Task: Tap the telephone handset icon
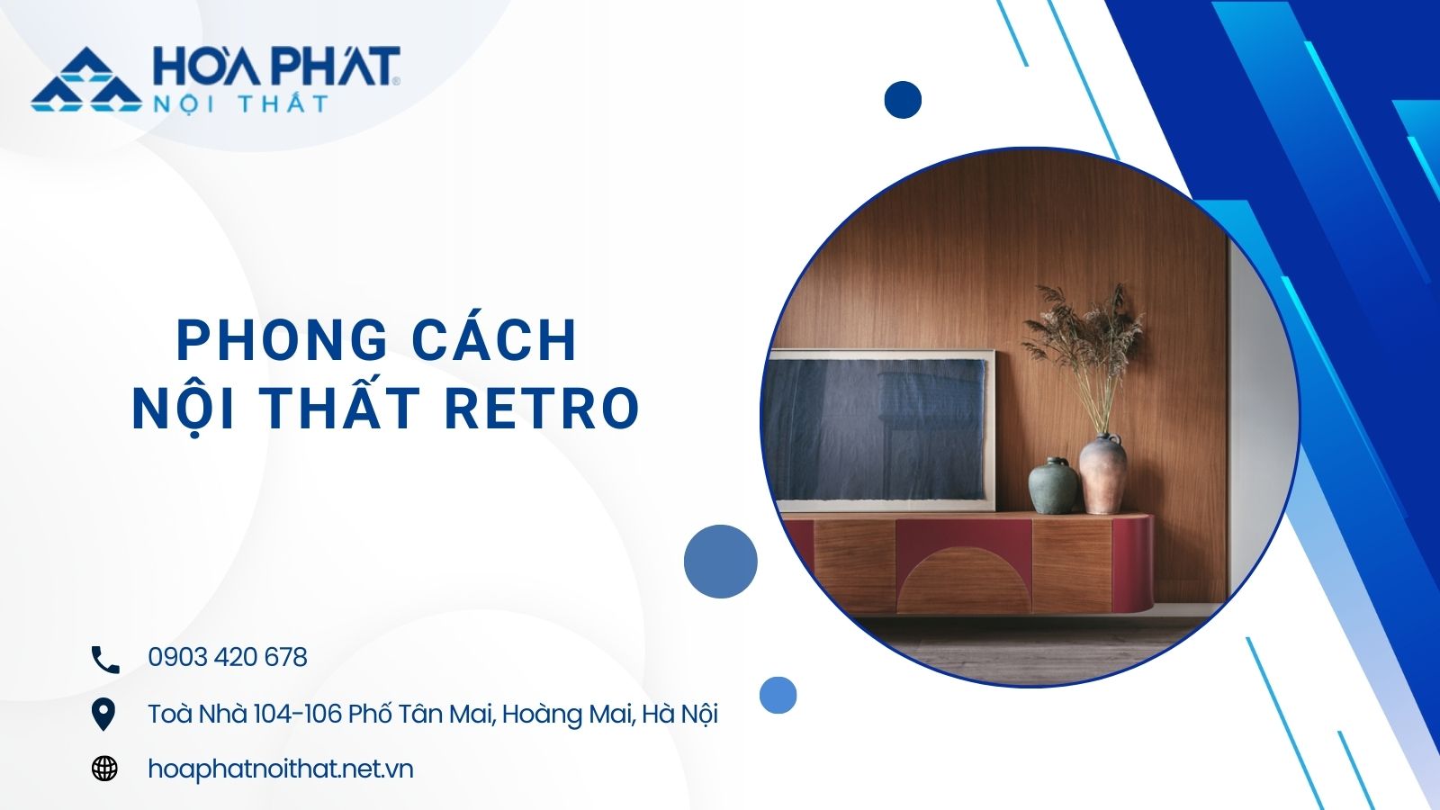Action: click(x=105, y=660)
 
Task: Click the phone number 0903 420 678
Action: click(x=228, y=657)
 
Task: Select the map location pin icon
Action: click(x=103, y=715)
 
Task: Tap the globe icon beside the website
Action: click(x=104, y=769)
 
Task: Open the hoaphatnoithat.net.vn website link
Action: click(x=280, y=769)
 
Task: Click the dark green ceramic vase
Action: click(x=1052, y=485)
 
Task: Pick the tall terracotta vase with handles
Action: click(x=1102, y=473)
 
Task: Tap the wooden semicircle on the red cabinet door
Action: click(x=963, y=580)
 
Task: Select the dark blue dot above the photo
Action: click(x=903, y=100)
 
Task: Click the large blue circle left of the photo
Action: click(x=721, y=562)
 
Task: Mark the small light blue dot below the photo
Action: click(x=778, y=695)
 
